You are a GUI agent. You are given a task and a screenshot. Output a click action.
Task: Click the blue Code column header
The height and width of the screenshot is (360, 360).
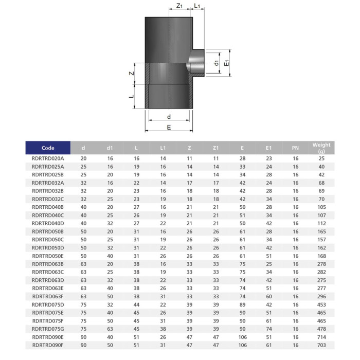[48, 148]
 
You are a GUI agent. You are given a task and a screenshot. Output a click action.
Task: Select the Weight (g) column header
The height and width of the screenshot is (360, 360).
[321, 148]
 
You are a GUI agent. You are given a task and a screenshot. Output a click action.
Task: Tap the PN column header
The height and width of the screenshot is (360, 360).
[295, 148]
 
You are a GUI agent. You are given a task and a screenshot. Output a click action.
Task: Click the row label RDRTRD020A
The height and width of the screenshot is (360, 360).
[48, 158]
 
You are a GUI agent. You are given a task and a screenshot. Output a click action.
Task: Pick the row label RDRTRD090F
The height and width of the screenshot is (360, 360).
[48, 345]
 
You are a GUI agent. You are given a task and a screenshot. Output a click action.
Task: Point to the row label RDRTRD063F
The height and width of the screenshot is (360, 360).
[48, 296]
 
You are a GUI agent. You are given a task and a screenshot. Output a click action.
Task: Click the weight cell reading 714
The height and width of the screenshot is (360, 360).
[321, 337]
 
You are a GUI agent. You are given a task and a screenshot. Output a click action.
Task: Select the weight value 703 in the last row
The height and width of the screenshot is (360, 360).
[321, 345]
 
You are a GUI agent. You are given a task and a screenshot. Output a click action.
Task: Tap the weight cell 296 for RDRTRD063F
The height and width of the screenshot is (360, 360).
[321, 296]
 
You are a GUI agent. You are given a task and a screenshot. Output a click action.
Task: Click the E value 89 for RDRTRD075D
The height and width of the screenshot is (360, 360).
[242, 304]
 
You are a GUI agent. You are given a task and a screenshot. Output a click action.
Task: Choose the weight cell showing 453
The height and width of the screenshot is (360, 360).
[321, 304]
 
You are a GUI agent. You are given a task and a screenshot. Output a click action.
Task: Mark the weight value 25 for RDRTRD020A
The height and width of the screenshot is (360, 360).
[321, 158]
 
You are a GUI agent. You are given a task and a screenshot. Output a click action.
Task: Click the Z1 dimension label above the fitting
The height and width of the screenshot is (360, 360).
[179, 6]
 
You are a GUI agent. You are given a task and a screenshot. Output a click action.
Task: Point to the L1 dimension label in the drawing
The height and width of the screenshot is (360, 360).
[198, 6]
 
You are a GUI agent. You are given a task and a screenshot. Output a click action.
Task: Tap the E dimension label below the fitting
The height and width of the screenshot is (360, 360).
[169, 127]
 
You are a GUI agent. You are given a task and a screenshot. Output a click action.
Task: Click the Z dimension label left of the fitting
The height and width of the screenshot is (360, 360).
[132, 73]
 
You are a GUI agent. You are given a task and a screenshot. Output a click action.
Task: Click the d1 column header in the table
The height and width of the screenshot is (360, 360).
[110, 148]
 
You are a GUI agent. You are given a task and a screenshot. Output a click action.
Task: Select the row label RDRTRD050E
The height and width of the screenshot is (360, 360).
[48, 256]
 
